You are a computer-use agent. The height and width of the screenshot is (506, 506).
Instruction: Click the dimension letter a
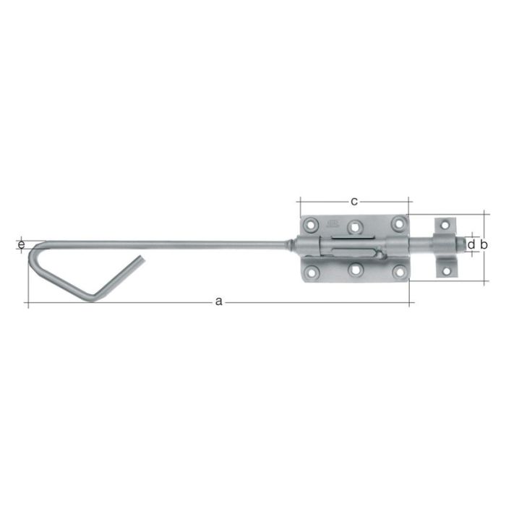point(219,301)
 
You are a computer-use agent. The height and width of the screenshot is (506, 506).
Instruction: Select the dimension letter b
point(484,246)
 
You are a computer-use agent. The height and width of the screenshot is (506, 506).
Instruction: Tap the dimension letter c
point(354,200)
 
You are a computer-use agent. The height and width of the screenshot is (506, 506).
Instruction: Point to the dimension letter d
point(471,246)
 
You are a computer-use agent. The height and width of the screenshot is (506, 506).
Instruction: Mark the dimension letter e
point(21,246)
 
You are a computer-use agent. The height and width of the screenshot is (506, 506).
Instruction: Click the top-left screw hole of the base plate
point(312,225)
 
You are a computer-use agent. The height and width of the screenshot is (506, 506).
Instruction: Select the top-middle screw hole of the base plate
point(354,226)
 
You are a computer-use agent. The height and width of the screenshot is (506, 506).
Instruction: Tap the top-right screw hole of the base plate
point(397,223)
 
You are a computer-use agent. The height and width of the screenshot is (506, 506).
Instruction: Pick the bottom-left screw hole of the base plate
point(312,273)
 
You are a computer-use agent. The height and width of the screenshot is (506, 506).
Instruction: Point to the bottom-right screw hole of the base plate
point(397,273)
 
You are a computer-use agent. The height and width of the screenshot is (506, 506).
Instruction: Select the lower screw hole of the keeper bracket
point(445,271)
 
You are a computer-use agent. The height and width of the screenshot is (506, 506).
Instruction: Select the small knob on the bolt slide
point(375,254)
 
